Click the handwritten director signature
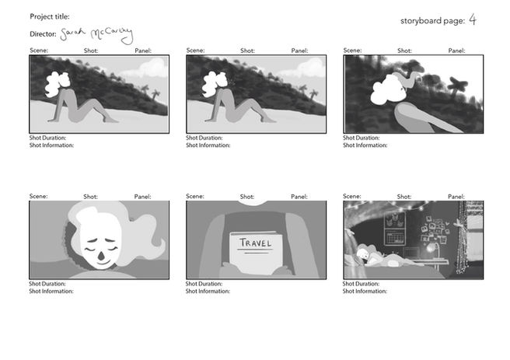[97, 34]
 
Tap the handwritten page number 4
[473, 19]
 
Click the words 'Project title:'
[50, 16]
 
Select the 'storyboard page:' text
[432, 21]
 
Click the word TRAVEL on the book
[255, 243]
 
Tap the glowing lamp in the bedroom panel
[431, 248]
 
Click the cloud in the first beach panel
[150, 68]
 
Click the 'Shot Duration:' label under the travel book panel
[204, 284]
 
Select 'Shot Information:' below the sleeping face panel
[51, 291]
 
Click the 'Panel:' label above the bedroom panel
[456, 197]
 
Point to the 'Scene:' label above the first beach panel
[39, 51]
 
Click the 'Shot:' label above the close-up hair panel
[404, 51]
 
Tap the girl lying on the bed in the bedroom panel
[387, 257]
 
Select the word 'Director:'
[43, 34]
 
